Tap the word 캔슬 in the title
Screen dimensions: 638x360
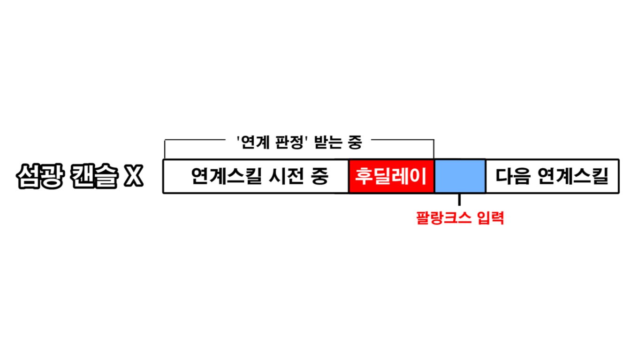point(94,176)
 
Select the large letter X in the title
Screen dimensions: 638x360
point(133,176)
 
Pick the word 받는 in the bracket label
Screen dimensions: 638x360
point(328,142)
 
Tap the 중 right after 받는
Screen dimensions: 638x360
point(355,142)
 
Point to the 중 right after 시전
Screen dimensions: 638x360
point(320,176)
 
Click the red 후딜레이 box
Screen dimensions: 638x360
point(391,176)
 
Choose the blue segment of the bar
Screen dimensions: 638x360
point(460,176)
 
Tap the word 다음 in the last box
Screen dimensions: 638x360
point(513,176)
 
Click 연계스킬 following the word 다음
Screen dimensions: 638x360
point(573,176)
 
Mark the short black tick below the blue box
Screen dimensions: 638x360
point(459,199)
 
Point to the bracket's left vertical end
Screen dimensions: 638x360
point(165,149)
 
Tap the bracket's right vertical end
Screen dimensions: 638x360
point(434,149)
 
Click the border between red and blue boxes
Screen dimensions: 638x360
point(434,176)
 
